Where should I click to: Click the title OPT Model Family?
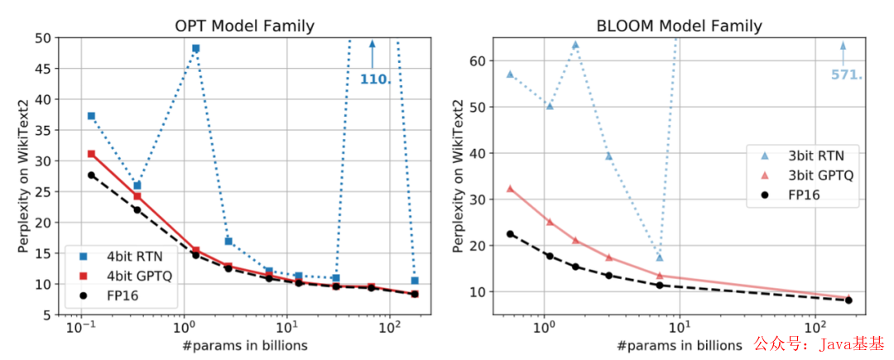(246, 26)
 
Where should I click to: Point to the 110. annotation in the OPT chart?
(375, 79)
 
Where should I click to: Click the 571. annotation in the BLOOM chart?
(846, 74)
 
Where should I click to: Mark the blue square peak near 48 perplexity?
(196, 48)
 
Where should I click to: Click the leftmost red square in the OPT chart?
(91, 154)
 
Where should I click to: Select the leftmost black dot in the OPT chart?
(91, 175)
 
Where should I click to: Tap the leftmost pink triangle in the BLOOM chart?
(510, 189)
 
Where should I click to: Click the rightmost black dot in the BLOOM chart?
(848, 300)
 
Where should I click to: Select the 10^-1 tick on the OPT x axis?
(81, 326)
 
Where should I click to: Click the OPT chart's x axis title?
(245, 344)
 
